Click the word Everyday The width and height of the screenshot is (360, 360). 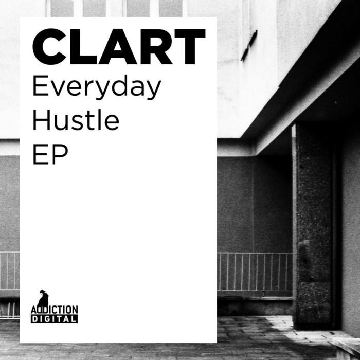pos(97,88)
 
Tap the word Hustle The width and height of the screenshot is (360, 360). pos(76,120)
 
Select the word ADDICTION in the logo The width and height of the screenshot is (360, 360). pos(54,310)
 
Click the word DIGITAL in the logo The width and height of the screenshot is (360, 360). pos(54,319)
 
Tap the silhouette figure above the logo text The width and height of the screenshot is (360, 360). pos(43,298)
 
